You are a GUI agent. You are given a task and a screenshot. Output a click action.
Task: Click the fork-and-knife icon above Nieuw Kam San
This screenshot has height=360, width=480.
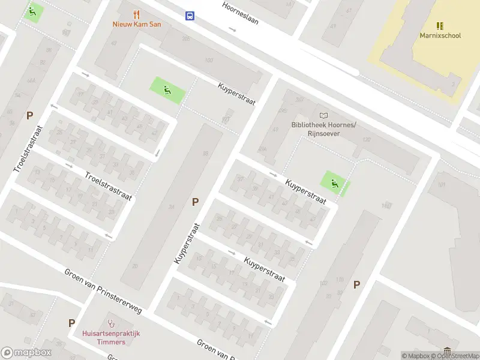tap(137, 14)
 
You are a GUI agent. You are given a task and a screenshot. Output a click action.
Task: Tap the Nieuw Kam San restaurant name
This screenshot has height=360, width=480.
tap(137, 25)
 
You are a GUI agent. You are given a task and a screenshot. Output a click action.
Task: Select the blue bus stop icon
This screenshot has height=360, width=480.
tap(190, 16)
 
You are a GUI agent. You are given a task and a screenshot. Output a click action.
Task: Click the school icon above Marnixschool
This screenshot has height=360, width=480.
tap(440, 26)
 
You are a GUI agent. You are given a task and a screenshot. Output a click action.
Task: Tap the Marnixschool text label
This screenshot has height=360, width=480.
tap(440, 35)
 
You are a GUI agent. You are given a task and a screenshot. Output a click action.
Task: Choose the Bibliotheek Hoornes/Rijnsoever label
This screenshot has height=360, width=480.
tap(323, 129)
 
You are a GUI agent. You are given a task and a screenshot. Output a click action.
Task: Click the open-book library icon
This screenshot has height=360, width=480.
tap(324, 115)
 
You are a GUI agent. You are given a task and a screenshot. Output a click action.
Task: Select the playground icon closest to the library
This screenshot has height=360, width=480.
tap(335, 183)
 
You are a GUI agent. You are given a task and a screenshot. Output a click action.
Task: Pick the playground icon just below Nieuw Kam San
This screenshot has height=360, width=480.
tap(167, 91)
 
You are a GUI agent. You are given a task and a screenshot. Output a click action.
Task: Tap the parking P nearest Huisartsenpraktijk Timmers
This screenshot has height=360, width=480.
tap(71, 323)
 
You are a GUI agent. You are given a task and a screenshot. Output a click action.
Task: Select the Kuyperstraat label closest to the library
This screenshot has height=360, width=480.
tap(305, 192)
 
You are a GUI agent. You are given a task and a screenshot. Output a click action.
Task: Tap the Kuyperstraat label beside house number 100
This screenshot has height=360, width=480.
tap(236, 94)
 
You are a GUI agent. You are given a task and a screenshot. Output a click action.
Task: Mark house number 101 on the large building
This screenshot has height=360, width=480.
tap(441, 185)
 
